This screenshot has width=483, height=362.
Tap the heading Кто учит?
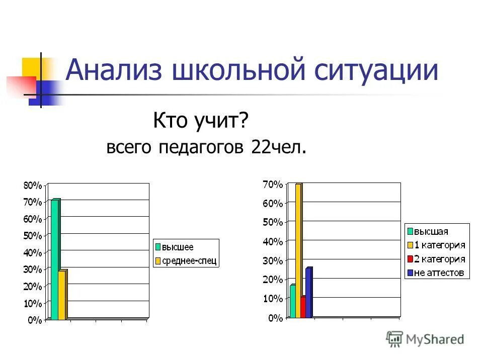tap(202, 121)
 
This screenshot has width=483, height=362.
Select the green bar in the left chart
tap(55, 259)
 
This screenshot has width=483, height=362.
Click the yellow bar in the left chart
tap(62, 295)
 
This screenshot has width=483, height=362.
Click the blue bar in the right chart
tap(308, 293)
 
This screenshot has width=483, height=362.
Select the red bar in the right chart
tap(303, 307)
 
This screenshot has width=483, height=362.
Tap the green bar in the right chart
tap(293, 301)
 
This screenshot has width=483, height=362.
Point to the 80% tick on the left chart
tap(33, 185)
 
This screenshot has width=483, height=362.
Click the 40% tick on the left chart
tap(33, 252)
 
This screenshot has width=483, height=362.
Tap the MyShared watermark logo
tap(425, 339)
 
